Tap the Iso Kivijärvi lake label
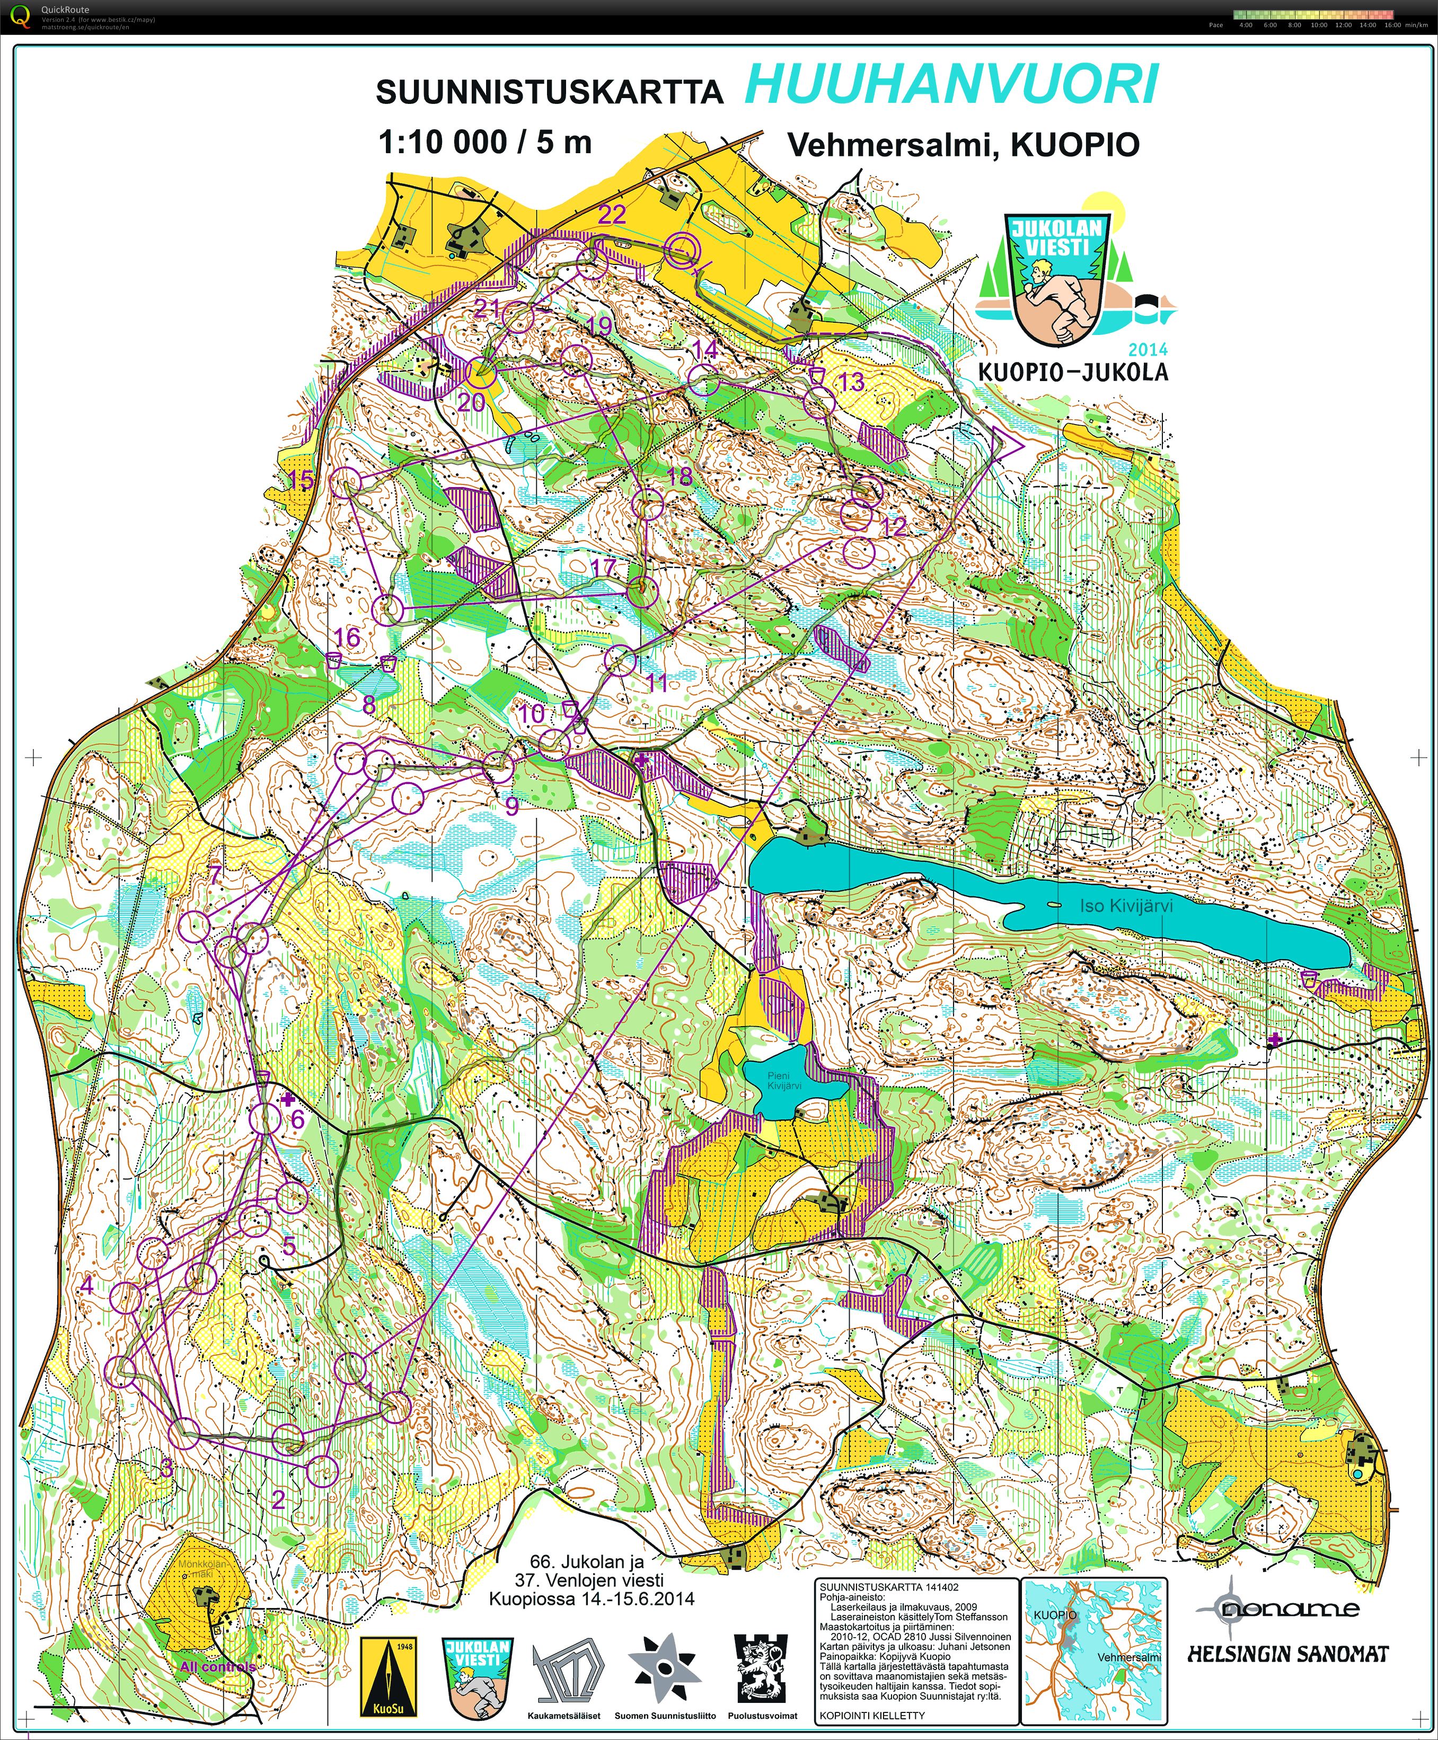point(1126,905)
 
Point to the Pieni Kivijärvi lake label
point(783,1081)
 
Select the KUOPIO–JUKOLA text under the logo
point(1073,372)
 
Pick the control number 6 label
point(296,1120)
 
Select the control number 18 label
point(679,475)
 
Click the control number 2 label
point(278,1499)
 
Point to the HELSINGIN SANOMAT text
point(1288,1655)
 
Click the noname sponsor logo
point(1280,1609)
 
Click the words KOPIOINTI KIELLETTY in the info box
point(871,1715)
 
